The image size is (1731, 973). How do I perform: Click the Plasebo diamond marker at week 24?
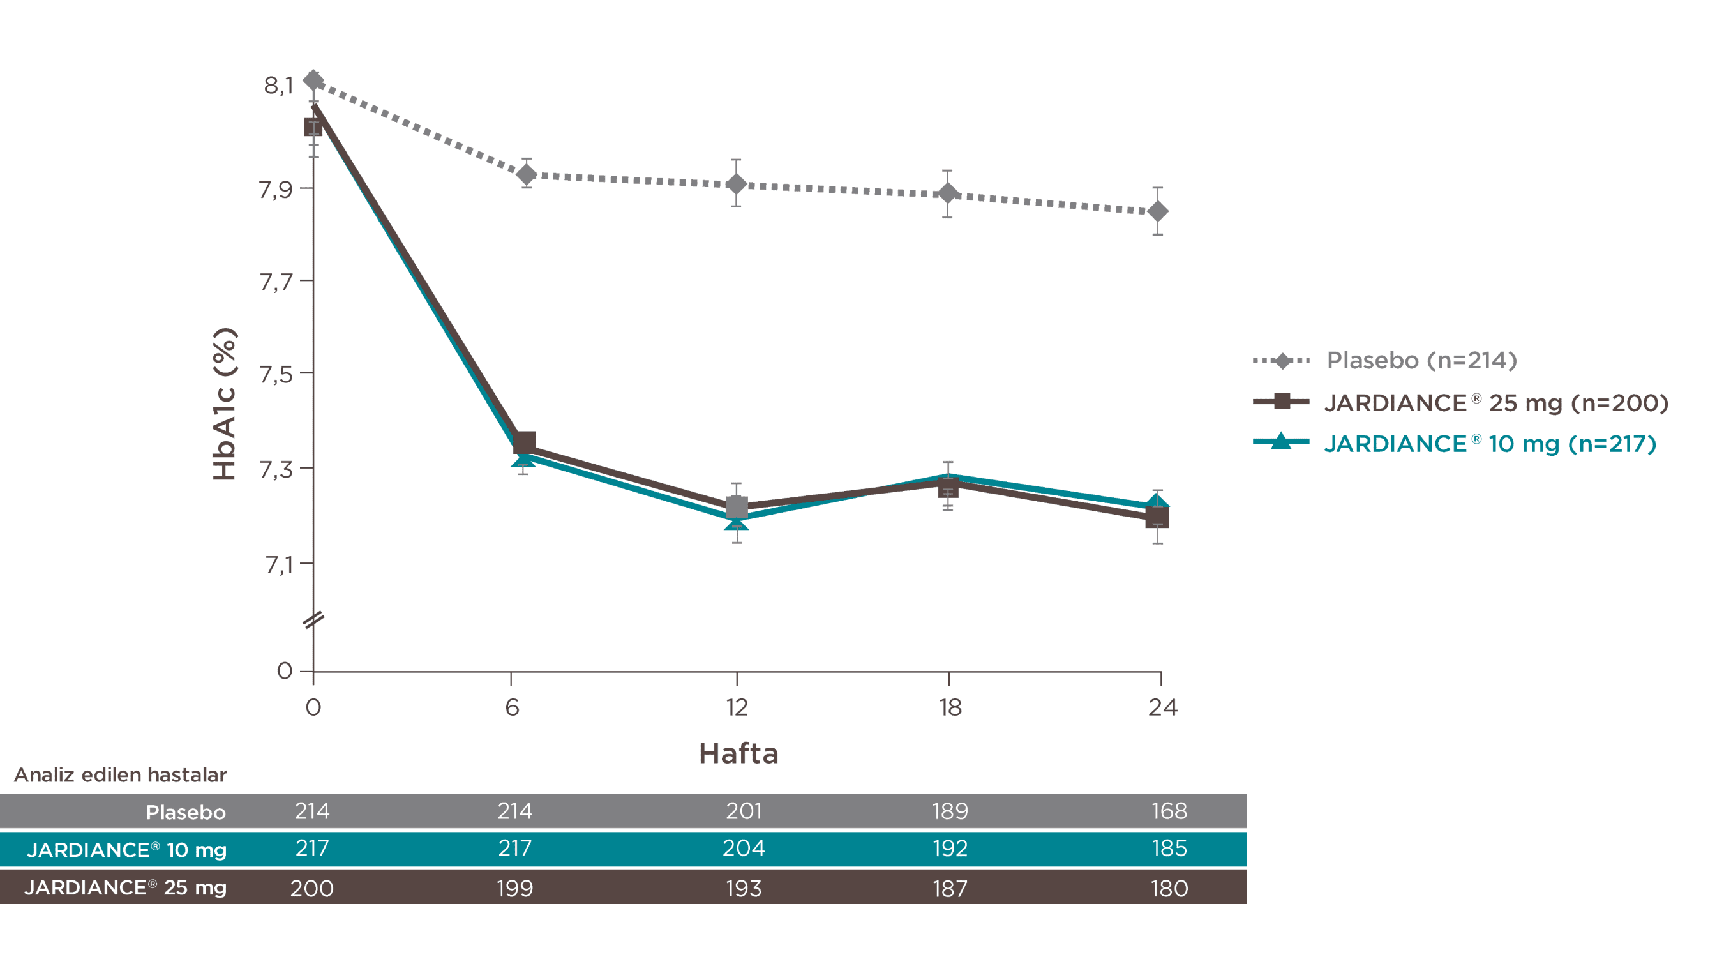pos(1157,212)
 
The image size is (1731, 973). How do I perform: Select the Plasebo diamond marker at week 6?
pos(526,175)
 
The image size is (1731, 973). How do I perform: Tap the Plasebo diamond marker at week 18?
pos(947,194)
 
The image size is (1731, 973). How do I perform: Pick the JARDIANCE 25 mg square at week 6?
pos(524,443)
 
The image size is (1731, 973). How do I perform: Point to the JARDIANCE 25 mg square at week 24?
pos(1157,517)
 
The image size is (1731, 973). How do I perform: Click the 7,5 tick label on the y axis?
pos(276,374)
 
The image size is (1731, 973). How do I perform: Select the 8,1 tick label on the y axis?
pos(278,86)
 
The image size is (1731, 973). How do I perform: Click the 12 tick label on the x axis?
pos(737,707)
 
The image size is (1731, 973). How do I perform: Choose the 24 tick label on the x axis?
pos(1162,707)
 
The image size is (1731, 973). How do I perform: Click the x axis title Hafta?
pos(738,753)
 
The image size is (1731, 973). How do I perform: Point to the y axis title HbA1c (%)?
pos(225,404)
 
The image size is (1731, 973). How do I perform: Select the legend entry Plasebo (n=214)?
pos(1421,361)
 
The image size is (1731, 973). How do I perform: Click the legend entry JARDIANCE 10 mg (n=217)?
pos(1489,444)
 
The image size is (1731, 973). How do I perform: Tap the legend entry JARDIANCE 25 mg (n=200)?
pos(1496,402)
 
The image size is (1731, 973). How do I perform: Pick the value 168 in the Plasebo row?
pos(1169,811)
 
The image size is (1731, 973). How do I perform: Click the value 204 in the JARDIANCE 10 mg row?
pos(743,848)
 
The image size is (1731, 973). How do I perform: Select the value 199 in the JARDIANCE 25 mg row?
pos(514,888)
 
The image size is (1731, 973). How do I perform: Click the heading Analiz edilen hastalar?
pos(120,775)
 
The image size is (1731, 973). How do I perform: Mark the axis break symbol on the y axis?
pos(313,619)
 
